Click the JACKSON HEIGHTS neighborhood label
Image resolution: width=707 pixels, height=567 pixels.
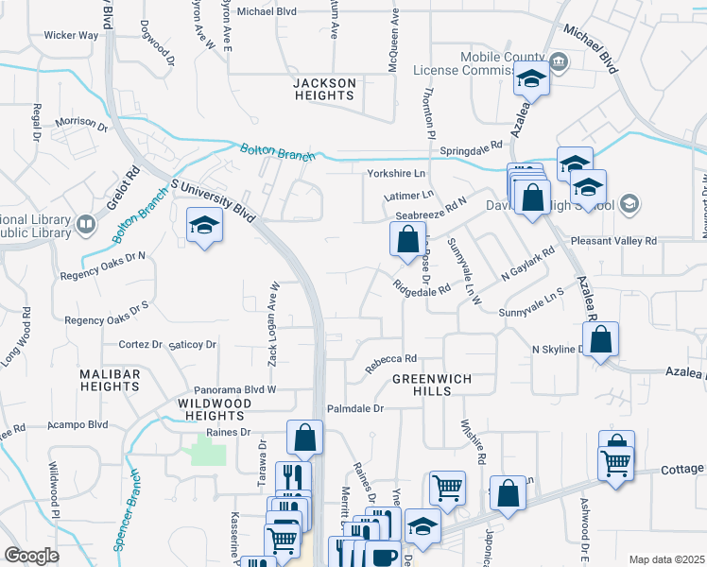point(324,90)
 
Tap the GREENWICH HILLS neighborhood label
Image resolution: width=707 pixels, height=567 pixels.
point(431,385)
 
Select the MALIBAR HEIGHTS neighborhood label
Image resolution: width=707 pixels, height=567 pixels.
point(110,380)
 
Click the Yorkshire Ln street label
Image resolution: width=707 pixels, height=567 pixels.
point(396,174)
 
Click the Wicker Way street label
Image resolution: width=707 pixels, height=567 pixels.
point(71,35)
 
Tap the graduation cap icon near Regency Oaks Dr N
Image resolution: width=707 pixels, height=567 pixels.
point(202,227)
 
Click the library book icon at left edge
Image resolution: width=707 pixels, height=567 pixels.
point(86,224)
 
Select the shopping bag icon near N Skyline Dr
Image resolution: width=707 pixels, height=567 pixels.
point(601,339)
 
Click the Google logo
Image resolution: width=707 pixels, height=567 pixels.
point(31,556)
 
